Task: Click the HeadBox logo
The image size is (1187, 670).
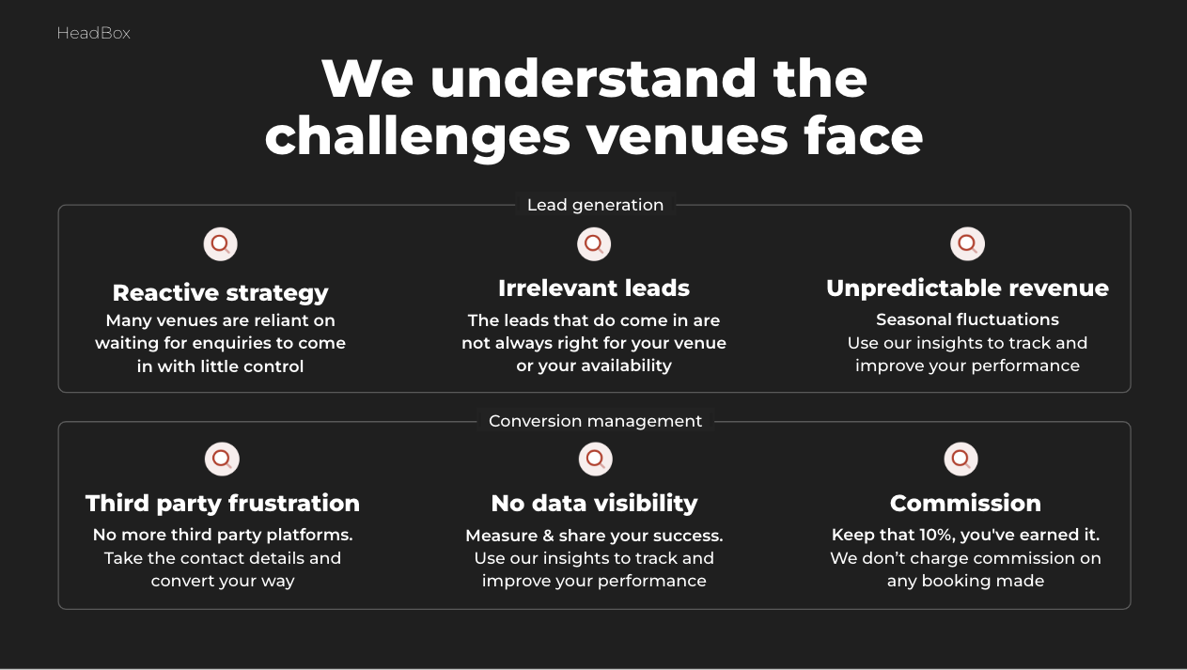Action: (x=93, y=34)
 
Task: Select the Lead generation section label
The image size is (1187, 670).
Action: (x=595, y=205)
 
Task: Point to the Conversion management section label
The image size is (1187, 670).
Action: (x=595, y=421)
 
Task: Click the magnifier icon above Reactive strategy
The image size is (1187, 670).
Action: (x=221, y=244)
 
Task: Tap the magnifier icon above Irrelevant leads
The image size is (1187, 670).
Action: (x=594, y=244)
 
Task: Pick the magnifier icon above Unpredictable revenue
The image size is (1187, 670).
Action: (x=968, y=244)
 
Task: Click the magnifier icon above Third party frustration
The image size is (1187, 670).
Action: (x=222, y=460)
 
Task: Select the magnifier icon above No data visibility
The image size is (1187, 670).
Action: (x=596, y=460)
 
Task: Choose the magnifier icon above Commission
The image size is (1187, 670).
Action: (x=961, y=460)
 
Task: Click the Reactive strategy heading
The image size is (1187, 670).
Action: (x=221, y=293)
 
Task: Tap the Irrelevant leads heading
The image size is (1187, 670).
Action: (x=594, y=288)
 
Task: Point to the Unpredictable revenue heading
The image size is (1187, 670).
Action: (x=968, y=288)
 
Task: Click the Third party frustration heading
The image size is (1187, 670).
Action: (x=223, y=504)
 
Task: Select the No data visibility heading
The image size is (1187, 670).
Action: (x=595, y=504)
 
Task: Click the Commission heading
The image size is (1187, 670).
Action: (x=965, y=503)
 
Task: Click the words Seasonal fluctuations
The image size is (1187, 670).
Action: (x=968, y=319)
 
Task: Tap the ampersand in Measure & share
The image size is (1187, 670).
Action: (x=548, y=536)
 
